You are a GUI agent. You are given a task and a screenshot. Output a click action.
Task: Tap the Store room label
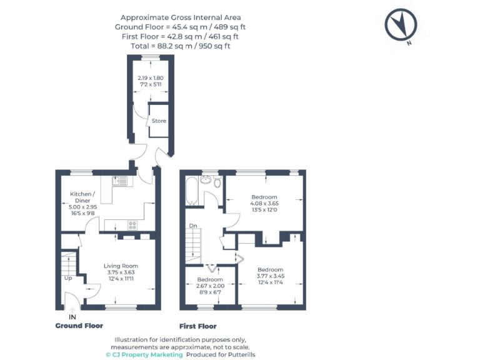(159, 121)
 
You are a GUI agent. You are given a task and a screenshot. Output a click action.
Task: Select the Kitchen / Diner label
(82, 197)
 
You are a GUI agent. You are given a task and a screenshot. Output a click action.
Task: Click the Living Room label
(121, 266)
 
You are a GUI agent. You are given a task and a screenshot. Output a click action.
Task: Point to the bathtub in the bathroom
(191, 191)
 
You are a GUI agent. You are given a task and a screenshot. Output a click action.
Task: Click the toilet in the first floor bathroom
(216, 182)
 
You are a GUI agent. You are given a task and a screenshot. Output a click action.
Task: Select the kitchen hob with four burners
(132, 225)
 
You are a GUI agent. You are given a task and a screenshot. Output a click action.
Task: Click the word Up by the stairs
(68, 279)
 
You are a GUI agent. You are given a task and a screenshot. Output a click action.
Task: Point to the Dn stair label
(194, 226)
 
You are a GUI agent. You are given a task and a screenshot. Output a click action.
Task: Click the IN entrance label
(73, 317)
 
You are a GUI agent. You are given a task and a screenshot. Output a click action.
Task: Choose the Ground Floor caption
(79, 326)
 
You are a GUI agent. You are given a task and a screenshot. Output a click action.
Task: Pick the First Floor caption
(197, 326)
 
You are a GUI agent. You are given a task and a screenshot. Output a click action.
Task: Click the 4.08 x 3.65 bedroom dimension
(266, 202)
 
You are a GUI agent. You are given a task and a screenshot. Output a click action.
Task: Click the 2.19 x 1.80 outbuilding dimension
(150, 77)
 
